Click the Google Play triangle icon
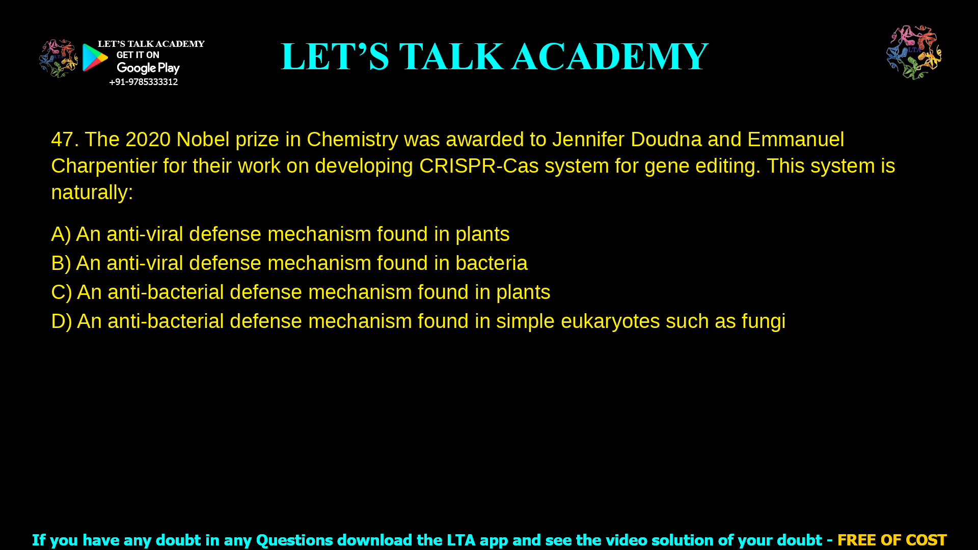click(95, 58)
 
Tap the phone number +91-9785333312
click(143, 82)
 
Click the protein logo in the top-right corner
click(914, 52)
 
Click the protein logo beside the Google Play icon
click(59, 59)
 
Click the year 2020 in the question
click(148, 140)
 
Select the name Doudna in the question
click(666, 140)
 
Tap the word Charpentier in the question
click(104, 166)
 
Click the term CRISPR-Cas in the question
click(479, 166)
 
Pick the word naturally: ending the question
click(92, 193)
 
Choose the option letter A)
click(61, 234)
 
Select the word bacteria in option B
click(491, 263)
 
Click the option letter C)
click(61, 292)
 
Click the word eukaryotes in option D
click(610, 321)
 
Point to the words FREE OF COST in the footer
click(891, 540)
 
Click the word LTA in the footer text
click(460, 540)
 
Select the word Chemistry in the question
click(352, 140)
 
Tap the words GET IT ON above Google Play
click(138, 55)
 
